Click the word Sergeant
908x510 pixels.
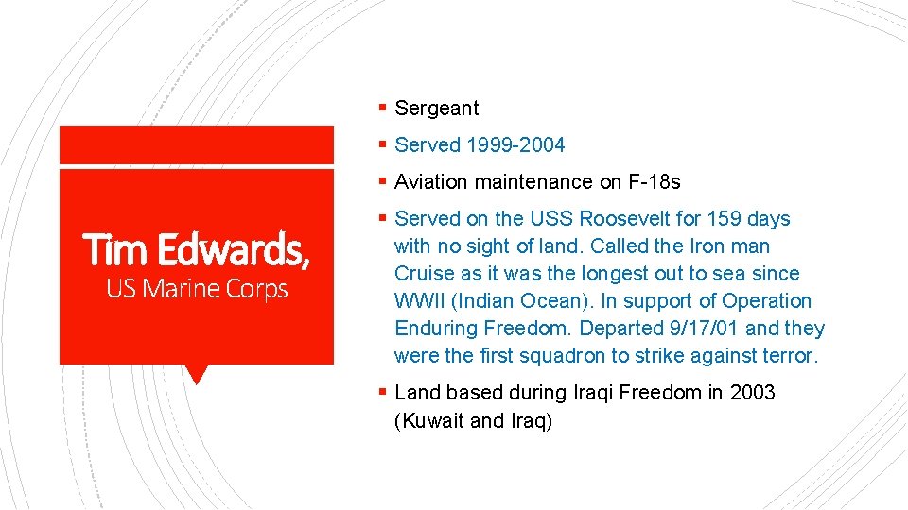point(437,109)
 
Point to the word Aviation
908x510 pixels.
point(431,182)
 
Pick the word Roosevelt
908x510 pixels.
point(627,219)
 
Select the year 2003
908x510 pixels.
point(752,393)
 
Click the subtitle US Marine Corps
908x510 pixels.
point(197,289)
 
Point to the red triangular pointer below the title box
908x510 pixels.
point(197,374)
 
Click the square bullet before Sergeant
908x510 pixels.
point(381,109)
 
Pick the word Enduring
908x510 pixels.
point(436,329)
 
